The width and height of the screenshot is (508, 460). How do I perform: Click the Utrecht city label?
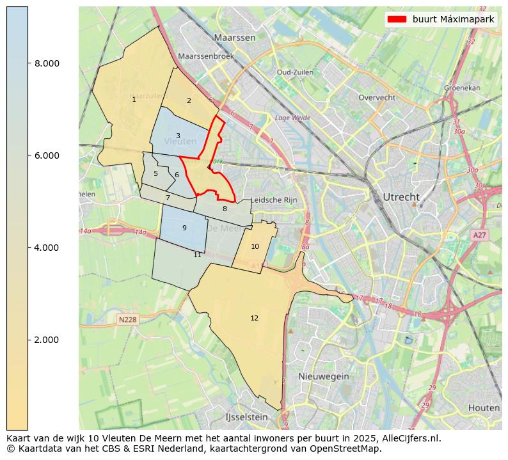[401, 196]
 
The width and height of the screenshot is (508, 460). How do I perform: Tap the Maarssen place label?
[235, 38]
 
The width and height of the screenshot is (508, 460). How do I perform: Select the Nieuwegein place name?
[324, 376]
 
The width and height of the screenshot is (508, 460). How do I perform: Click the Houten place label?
[484, 408]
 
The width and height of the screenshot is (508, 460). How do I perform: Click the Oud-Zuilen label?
[295, 72]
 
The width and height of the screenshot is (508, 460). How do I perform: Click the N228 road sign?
[128, 319]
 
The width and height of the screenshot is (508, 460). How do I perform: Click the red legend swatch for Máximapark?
[397, 20]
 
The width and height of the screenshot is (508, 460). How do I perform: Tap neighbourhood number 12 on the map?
[254, 318]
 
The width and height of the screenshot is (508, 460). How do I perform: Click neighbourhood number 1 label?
[134, 99]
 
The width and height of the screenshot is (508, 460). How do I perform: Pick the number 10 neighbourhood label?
[255, 246]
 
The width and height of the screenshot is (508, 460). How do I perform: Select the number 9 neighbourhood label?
[184, 228]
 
